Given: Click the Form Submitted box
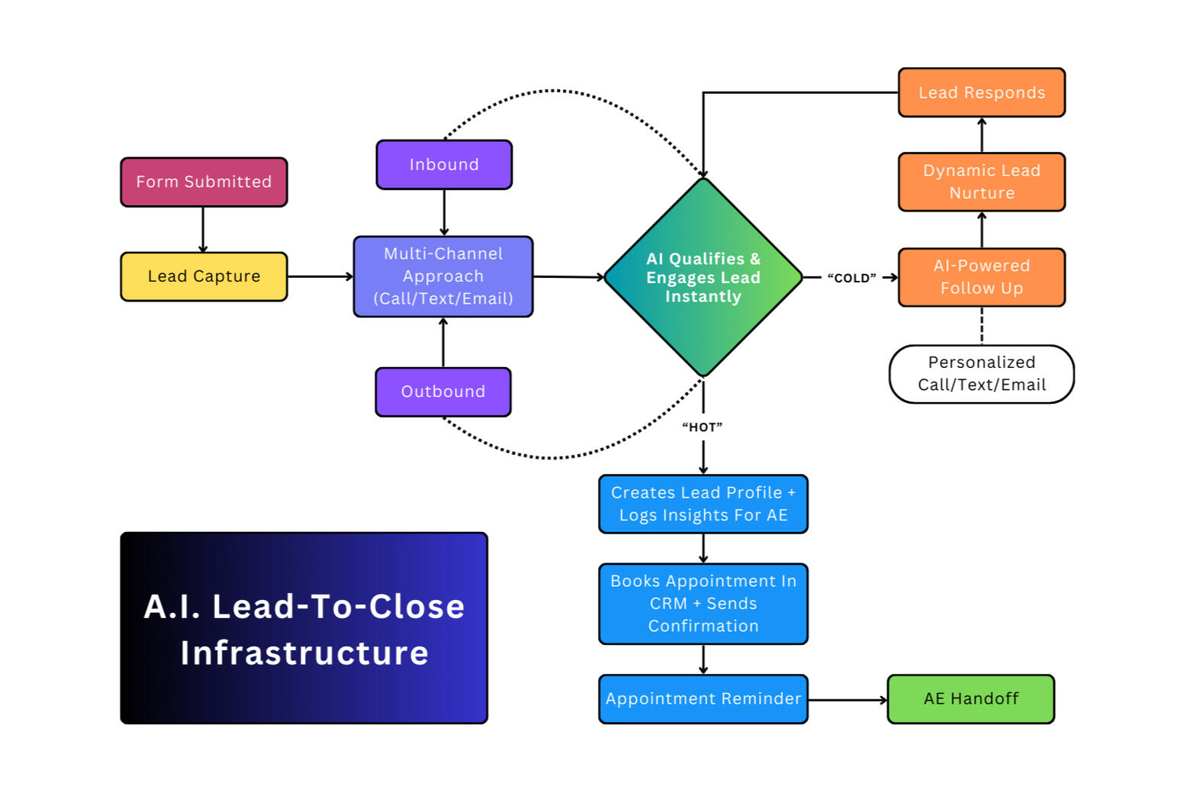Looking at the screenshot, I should click(x=204, y=182).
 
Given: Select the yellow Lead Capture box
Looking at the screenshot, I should click(x=204, y=276).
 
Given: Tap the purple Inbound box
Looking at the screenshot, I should click(x=444, y=165).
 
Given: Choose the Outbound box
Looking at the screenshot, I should click(x=443, y=392).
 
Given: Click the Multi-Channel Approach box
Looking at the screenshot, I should click(x=443, y=276).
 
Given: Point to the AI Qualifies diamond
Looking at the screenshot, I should click(x=703, y=277).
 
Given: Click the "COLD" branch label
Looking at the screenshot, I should click(x=851, y=279).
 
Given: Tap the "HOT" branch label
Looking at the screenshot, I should click(x=702, y=427).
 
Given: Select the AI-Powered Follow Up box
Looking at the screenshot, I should click(x=982, y=277).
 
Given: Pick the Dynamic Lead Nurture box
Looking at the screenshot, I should click(x=982, y=182).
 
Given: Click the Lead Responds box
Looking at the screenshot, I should click(x=982, y=93).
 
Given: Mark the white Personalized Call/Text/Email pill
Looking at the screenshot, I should click(x=982, y=374).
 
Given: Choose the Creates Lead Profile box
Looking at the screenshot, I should click(x=703, y=504).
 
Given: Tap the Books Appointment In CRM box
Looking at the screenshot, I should click(x=703, y=604).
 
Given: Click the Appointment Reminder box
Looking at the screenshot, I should click(x=703, y=699).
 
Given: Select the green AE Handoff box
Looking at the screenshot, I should click(x=971, y=699).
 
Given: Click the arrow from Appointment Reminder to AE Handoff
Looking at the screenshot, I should click(x=847, y=700).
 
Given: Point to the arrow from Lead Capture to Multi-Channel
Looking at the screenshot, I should click(x=320, y=276).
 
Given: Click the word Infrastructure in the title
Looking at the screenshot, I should click(x=304, y=653).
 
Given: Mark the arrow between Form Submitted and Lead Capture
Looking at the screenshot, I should click(x=203, y=229).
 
